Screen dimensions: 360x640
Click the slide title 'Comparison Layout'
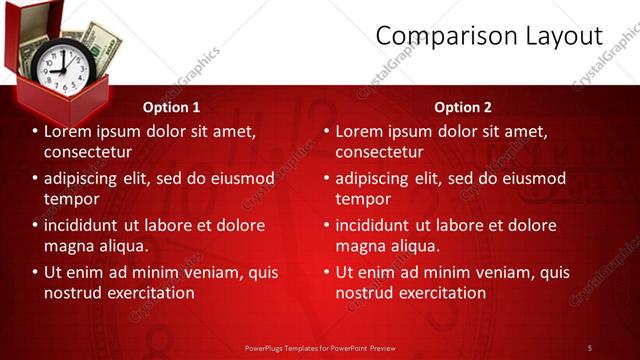point(489,37)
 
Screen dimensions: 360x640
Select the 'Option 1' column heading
point(171,107)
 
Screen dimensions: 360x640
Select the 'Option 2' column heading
point(463,107)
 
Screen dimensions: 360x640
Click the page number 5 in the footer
point(589,347)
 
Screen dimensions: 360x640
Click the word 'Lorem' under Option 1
point(69,131)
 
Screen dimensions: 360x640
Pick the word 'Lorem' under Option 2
point(360,131)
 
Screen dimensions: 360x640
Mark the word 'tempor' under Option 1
point(69,199)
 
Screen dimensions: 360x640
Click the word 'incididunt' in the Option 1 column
point(84,225)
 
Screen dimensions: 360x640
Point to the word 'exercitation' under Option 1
point(149,293)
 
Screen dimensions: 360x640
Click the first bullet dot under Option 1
point(35,131)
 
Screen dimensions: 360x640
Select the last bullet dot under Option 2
point(326,272)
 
